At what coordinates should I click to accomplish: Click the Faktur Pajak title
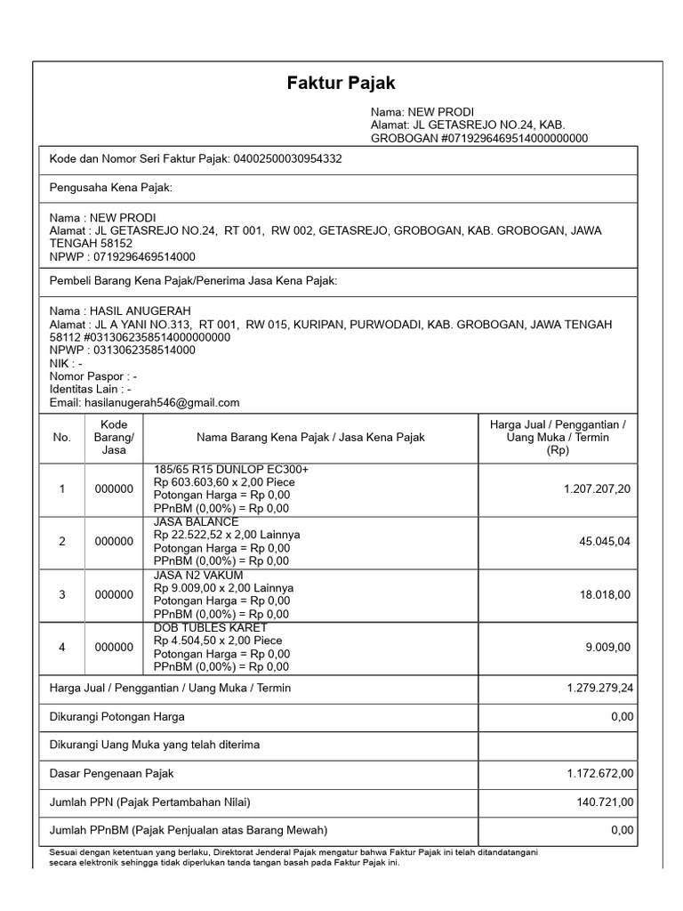341,84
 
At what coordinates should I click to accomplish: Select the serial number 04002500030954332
287,159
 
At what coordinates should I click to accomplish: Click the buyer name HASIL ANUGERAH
124,311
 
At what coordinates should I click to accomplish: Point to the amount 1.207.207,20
598,489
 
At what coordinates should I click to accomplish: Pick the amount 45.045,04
604,542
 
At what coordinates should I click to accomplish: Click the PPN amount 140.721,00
605,802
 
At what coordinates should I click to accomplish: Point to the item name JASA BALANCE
196,522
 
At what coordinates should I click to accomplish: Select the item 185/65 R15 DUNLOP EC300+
231,470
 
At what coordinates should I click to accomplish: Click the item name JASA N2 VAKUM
198,575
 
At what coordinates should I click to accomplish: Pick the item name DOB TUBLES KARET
210,627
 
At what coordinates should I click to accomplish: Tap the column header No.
61,437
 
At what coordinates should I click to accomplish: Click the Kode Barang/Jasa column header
114,437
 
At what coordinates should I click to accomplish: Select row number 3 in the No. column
62,594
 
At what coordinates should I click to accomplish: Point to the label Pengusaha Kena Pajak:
110,189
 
